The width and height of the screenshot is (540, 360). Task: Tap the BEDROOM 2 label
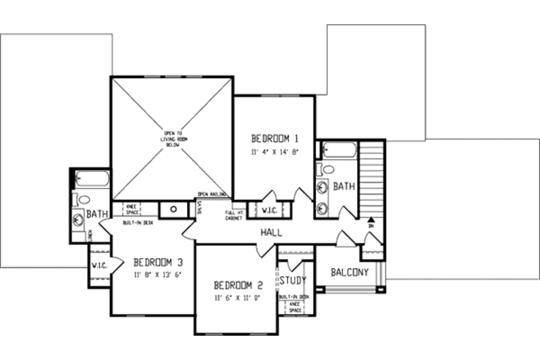click(238, 284)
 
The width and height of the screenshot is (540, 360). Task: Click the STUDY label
click(293, 280)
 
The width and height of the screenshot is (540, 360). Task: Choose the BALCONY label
click(350, 273)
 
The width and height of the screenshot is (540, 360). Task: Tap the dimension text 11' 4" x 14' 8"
click(275, 153)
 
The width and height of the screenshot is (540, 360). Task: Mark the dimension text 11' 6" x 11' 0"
click(238, 297)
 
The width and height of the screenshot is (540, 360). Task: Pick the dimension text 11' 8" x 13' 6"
click(158, 275)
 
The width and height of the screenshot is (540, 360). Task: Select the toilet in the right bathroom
click(328, 169)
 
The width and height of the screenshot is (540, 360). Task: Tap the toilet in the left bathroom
click(84, 199)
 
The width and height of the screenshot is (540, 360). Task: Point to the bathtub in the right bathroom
click(335, 150)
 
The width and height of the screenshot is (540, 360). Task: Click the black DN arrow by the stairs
click(371, 220)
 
